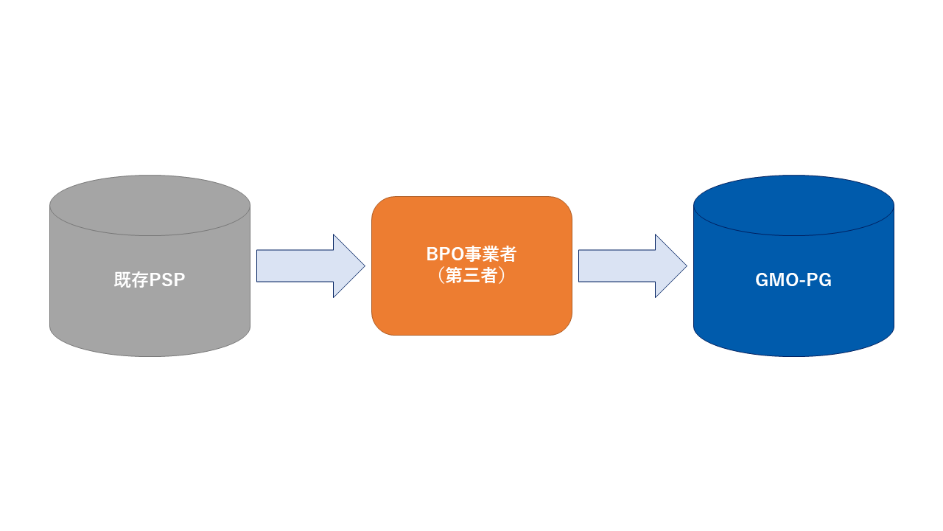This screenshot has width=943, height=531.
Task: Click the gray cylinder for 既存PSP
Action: [x=150, y=310]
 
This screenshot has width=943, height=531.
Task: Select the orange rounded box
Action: [x=471, y=310]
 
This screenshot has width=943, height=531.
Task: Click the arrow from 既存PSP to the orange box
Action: [x=309, y=265]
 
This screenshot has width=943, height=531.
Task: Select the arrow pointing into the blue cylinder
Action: [x=631, y=265]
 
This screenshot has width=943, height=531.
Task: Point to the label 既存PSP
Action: [x=150, y=280]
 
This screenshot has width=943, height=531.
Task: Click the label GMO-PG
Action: [x=793, y=280]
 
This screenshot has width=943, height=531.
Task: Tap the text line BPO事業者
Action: [x=471, y=254]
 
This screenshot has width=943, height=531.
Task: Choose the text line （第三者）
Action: [x=471, y=276]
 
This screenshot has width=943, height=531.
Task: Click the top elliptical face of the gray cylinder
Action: [x=150, y=205]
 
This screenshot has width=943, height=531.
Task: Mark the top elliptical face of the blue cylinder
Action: [x=793, y=205]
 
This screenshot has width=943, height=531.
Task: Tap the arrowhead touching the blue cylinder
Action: [x=671, y=265]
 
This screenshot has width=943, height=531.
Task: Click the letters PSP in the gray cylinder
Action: [x=167, y=280]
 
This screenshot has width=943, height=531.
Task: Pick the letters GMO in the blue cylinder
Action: [x=777, y=280]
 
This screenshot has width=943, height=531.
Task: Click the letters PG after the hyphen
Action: [x=820, y=280]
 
